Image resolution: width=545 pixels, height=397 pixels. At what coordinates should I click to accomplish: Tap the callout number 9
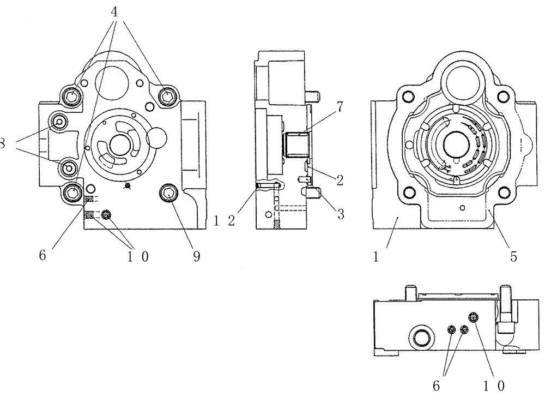[196, 255]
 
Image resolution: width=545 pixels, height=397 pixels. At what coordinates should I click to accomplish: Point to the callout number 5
[513, 255]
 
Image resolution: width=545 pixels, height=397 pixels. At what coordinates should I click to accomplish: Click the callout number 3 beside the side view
[341, 214]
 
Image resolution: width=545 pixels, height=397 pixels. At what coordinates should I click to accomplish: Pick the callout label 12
[224, 220]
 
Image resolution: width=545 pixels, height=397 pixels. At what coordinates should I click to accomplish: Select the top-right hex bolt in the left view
[167, 97]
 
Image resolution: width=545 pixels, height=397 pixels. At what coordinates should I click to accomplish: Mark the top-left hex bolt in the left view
[72, 97]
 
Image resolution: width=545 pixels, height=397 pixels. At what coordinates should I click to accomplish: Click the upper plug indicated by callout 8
[58, 121]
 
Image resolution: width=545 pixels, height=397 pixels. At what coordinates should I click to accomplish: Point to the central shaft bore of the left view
[118, 146]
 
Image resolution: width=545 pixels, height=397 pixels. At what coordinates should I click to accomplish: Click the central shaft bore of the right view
[455, 143]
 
